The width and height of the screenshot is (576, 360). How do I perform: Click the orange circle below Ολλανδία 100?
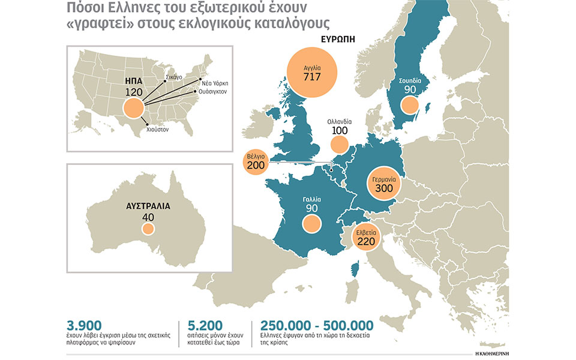pos(339,144)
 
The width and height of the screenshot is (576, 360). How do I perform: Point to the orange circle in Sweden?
pos(410,106)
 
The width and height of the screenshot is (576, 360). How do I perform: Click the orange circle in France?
pos(311,224)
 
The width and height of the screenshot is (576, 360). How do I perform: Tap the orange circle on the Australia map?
pos(148,229)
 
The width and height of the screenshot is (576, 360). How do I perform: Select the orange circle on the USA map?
pos(133,109)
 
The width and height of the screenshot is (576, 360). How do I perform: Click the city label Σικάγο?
pos(174,77)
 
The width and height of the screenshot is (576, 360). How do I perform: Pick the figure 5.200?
pos(205,326)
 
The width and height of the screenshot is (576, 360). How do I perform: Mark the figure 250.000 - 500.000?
pos(317,326)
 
